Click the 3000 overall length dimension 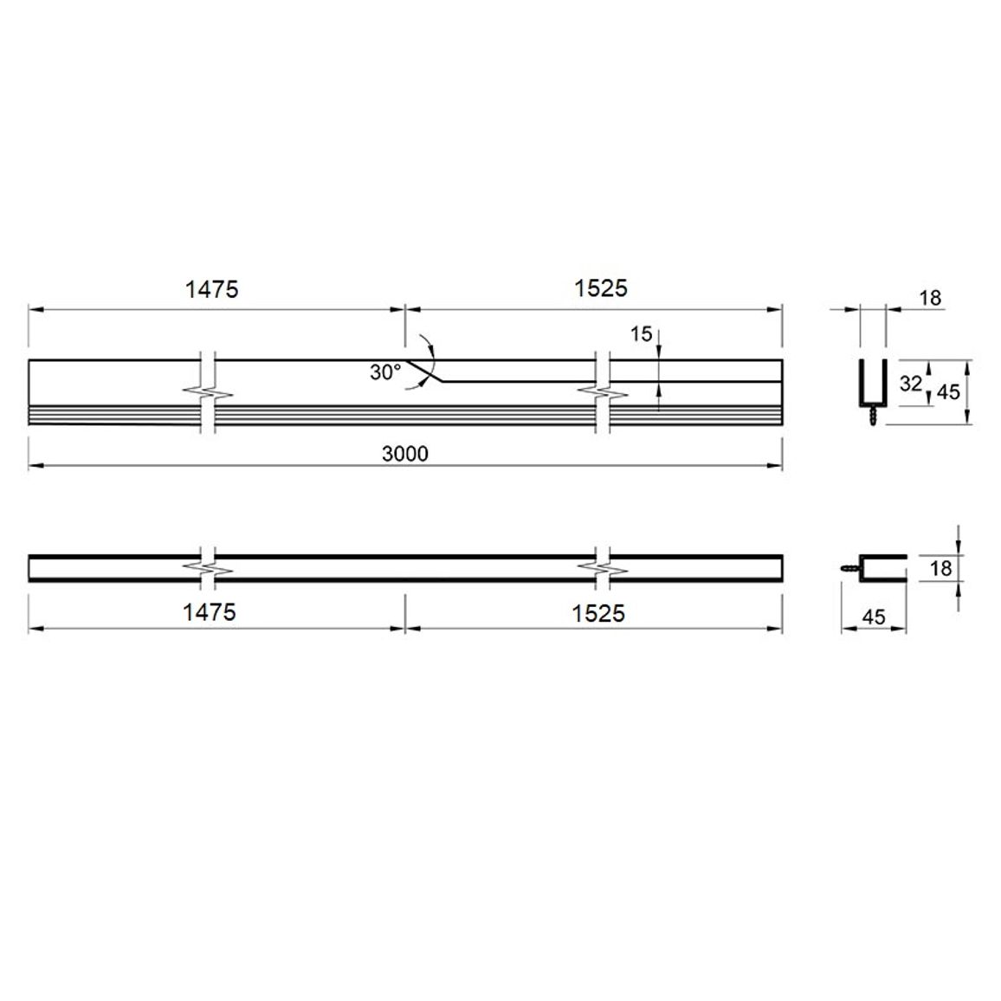click(x=404, y=454)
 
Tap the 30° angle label click(x=385, y=372)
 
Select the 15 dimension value click(x=641, y=334)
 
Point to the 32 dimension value click(x=911, y=383)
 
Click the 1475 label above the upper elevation click(x=211, y=290)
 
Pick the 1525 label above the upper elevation click(x=601, y=288)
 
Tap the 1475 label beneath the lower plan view click(x=210, y=613)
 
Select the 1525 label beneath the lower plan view click(x=598, y=614)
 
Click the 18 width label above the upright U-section click(x=931, y=298)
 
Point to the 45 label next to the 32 click(x=948, y=392)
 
